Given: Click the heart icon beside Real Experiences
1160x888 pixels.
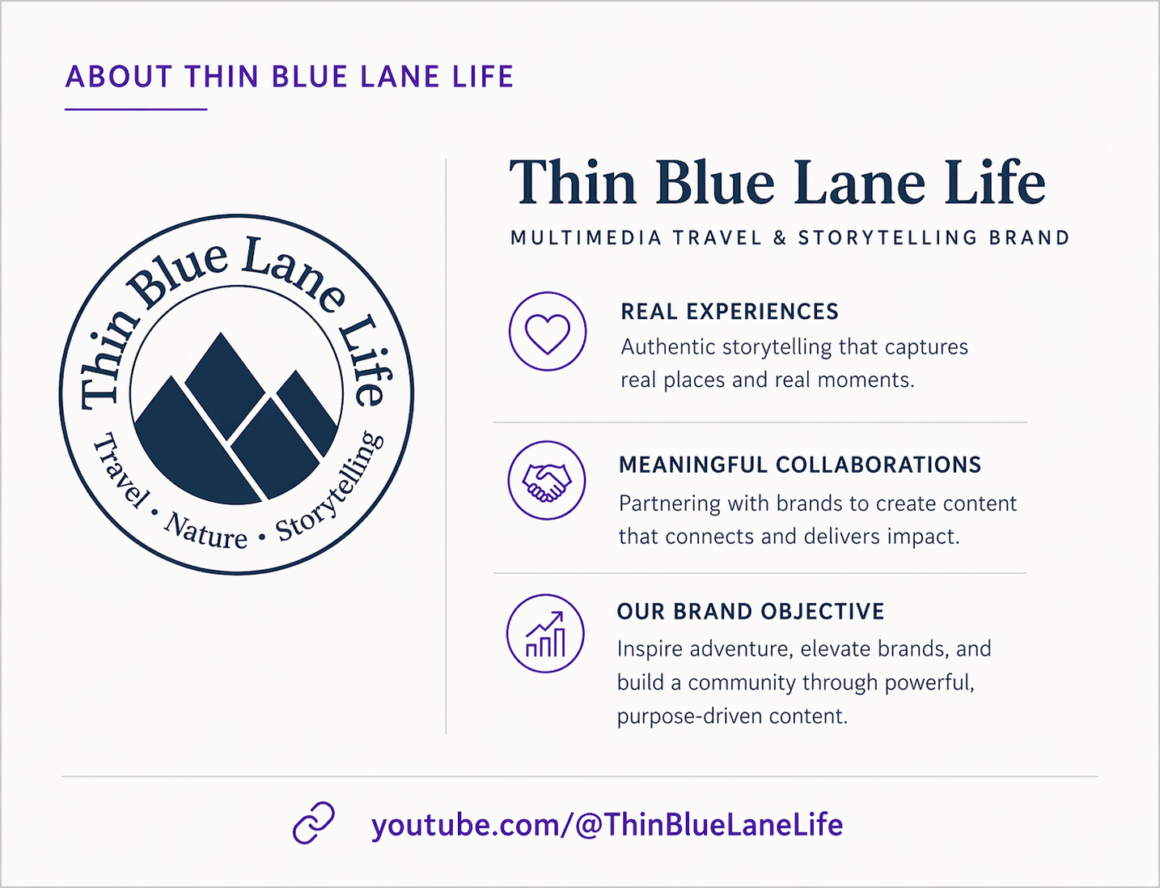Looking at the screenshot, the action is (548, 334).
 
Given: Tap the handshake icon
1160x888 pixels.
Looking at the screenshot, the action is (547, 482).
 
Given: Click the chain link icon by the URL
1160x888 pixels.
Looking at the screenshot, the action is (314, 823).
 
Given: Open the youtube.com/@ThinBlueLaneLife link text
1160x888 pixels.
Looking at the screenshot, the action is (607, 825).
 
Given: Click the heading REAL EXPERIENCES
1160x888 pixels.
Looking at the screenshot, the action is (730, 312).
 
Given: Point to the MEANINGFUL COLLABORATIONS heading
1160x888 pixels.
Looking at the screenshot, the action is (799, 465).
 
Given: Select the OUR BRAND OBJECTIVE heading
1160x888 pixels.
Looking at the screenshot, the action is (751, 611).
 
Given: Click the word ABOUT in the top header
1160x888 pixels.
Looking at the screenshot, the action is (119, 76).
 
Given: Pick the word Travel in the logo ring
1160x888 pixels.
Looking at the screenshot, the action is (121, 470).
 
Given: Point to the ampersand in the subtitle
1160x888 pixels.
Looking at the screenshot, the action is (780, 238).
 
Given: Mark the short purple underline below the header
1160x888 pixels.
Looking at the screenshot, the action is (136, 109).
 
